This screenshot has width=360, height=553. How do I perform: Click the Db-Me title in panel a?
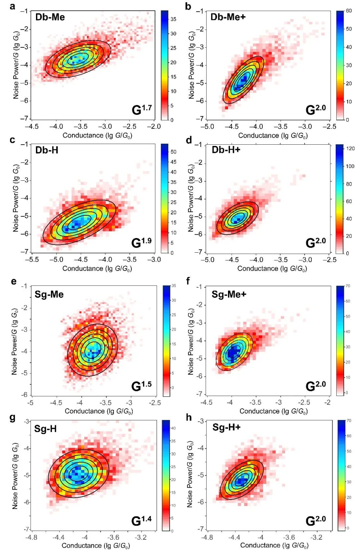50,17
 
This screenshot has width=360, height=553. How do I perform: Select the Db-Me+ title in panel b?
228,17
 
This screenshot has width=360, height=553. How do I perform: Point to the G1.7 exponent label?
142,109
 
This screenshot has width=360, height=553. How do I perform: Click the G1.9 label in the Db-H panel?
141,242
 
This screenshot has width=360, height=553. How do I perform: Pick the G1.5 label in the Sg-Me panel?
141,386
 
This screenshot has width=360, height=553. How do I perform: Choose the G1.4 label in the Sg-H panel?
141,520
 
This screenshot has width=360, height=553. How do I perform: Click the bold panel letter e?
14,281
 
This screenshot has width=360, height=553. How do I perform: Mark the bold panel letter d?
189,140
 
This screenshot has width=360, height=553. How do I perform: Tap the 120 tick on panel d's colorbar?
350,149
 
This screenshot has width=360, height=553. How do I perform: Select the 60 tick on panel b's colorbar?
349,11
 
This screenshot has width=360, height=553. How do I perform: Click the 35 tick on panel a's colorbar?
173,19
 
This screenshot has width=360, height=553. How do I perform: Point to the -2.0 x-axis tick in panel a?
154,127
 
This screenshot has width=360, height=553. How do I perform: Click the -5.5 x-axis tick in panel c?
32,259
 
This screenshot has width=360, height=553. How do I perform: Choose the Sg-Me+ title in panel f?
229,294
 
